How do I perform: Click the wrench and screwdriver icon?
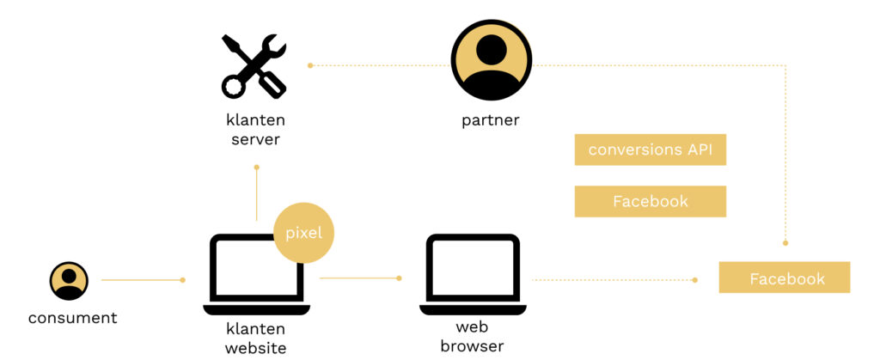(x=254, y=66)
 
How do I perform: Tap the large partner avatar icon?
(x=491, y=60)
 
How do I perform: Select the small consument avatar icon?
(x=69, y=280)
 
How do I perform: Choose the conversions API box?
(x=650, y=149)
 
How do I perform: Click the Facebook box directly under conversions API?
(x=650, y=201)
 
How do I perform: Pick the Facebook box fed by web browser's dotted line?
(x=784, y=278)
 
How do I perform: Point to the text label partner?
(x=490, y=120)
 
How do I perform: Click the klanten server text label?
(x=255, y=129)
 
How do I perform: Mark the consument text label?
(x=72, y=318)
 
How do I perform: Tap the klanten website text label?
(x=255, y=338)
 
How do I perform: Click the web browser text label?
(x=472, y=337)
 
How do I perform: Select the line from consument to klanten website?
(x=142, y=279)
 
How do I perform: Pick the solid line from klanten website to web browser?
(x=359, y=278)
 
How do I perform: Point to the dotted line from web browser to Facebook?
(x=614, y=279)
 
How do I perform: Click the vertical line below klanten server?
(x=256, y=193)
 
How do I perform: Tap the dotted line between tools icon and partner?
(x=378, y=65)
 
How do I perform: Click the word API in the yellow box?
(x=700, y=149)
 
